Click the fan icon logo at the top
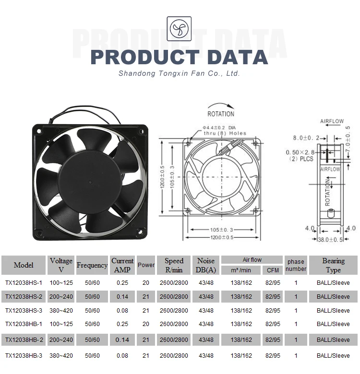[179, 28]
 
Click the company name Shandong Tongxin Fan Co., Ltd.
[179, 74]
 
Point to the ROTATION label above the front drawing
[221, 114]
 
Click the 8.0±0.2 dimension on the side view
[306, 138]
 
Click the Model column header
[24, 265]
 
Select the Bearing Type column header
[333, 265]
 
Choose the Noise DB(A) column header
[206, 265]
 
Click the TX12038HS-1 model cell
[24, 283]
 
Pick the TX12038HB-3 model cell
[24, 356]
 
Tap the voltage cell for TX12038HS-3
[61, 311]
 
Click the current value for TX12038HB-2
[122, 340]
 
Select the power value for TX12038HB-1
[146, 324]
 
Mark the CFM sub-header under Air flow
[273, 270]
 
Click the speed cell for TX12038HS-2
[174, 297]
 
